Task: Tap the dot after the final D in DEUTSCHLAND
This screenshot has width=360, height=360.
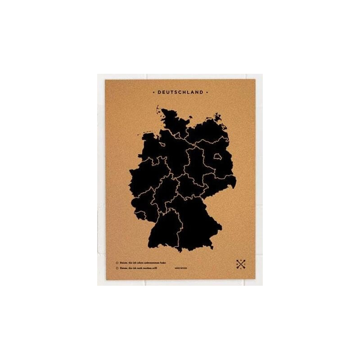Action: click(207, 92)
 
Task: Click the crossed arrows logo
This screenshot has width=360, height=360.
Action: click(241, 265)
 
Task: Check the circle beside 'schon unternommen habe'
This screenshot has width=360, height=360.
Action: click(117, 262)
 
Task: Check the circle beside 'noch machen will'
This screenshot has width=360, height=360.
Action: click(117, 268)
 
